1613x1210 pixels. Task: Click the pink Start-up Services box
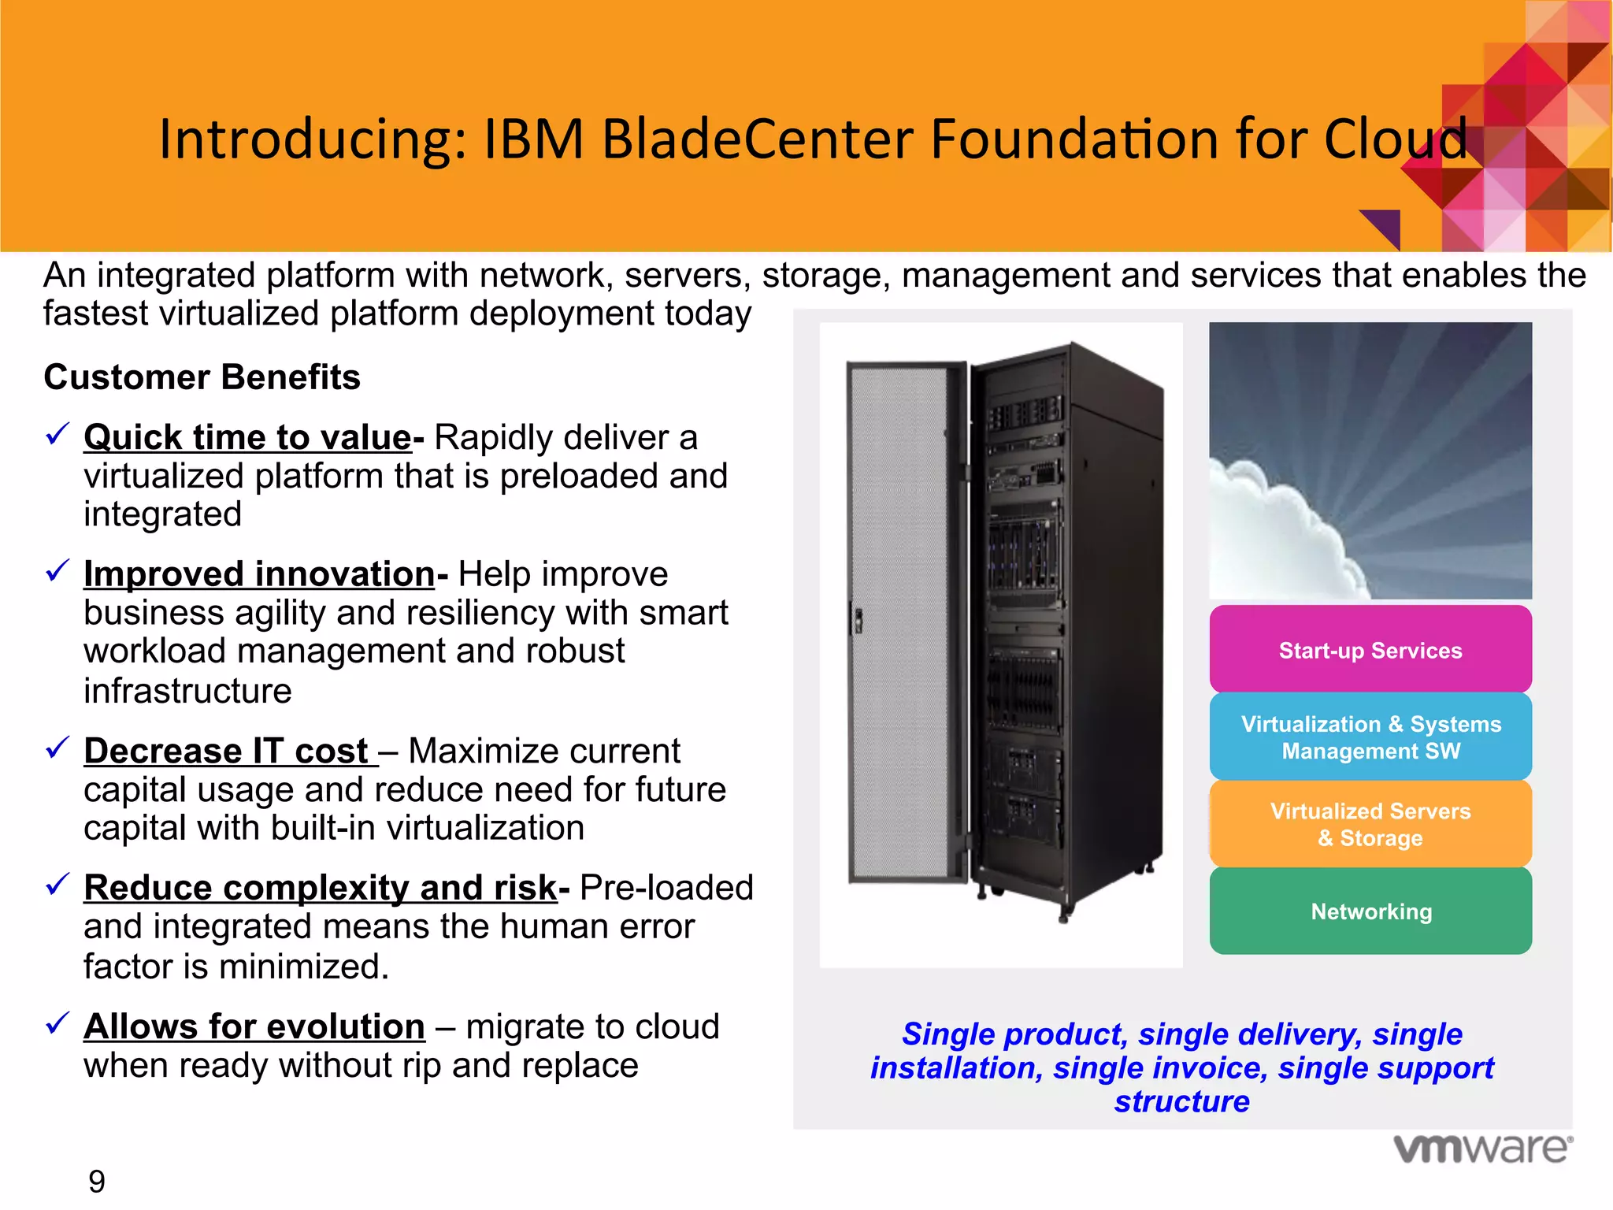1370,650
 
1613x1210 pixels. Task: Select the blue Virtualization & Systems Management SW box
1370,737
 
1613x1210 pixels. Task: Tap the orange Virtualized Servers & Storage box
1370,824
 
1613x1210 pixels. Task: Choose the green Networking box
1370,911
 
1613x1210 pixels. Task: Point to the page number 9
96,1182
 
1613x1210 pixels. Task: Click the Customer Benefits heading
202,377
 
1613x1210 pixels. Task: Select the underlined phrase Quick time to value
247,437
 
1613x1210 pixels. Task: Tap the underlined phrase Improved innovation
259,574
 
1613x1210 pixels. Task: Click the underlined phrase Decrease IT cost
227,751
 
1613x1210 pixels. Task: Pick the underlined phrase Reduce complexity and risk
321,888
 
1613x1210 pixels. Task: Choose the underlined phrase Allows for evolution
254,1026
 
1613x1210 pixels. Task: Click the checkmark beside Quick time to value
57,433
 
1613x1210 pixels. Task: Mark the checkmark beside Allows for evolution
57,1023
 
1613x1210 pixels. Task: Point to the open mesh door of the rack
898,622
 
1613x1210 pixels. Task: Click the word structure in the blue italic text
1181,1101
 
